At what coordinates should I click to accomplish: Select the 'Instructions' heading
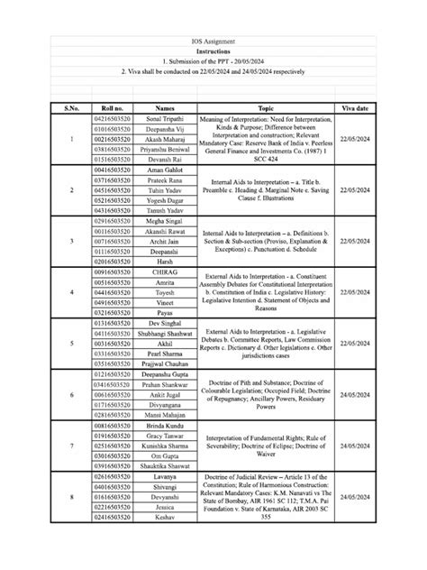click(213, 52)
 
